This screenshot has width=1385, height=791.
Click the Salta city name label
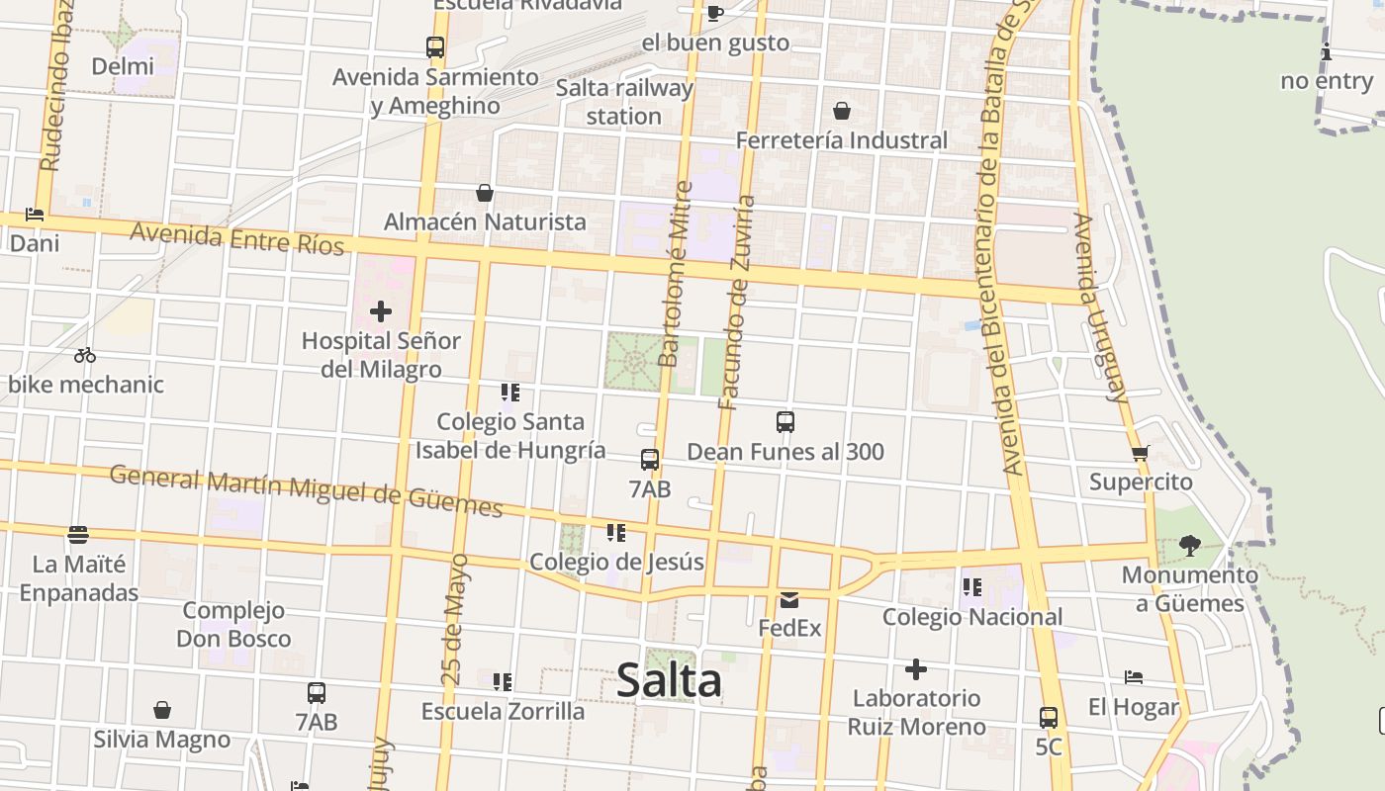tap(669, 680)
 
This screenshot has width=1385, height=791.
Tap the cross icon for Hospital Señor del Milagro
tap(381, 312)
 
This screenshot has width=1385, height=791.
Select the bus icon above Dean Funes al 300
tap(785, 422)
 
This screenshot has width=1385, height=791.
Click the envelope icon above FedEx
tap(789, 599)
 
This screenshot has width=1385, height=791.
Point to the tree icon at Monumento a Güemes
tap(1190, 545)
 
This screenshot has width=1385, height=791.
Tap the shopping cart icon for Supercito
tap(1141, 454)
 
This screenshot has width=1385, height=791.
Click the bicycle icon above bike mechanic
tap(85, 355)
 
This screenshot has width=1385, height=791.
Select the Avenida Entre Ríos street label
tap(236, 238)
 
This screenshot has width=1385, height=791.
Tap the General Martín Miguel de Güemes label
tap(306, 490)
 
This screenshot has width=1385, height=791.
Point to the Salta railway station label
tap(623, 102)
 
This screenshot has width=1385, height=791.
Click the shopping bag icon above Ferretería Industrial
tap(842, 111)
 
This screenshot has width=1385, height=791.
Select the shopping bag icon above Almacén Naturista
tap(485, 193)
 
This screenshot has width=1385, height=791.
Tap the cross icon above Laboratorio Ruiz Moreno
tap(916, 669)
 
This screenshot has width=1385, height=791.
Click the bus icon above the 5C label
tap(1049, 718)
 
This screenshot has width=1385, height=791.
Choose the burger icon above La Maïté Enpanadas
tap(78, 535)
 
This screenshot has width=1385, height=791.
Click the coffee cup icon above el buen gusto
tap(715, 13)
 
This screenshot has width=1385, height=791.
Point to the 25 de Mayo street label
tap(453, 620)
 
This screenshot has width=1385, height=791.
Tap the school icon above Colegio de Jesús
tap(616, 534)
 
